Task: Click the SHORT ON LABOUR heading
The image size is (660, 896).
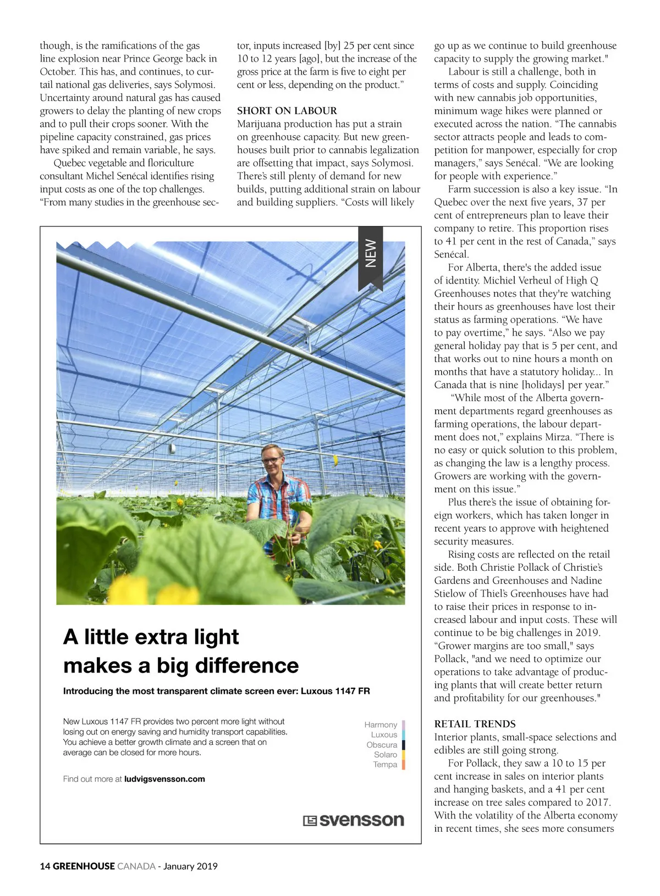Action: click(287, 110)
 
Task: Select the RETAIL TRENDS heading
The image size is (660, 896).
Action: click(475, 724)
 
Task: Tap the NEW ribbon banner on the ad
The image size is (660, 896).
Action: click(371, 253)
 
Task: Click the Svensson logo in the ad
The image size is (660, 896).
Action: click(353, 820)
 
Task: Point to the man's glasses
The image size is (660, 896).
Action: click(272, 460)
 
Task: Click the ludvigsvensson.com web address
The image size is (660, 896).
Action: click(164, 778)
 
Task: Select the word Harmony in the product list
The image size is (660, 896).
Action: click(380, 725)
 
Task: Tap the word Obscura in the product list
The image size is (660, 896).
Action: click(382, 744)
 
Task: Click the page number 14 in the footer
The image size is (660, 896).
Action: click(45, 866)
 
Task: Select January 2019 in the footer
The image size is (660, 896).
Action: click(190, 866)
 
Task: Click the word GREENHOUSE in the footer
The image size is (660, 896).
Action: click(84, 866)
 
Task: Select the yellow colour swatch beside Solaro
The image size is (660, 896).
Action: click(403, 755)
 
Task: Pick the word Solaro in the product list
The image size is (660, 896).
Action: click(385, 754)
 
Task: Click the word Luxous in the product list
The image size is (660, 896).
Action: click(383, 734)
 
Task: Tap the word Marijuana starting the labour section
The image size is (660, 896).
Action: click(262, 124)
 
